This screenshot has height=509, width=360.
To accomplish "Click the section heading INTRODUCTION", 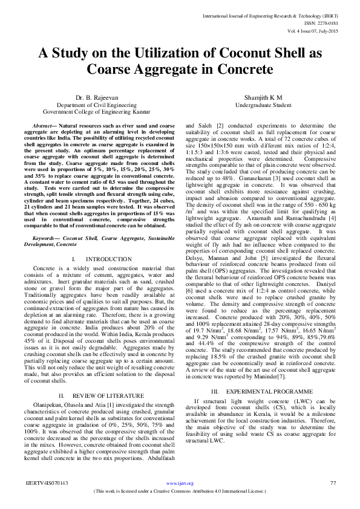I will (99, 276).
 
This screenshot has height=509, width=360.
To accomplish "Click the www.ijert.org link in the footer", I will (180, 483).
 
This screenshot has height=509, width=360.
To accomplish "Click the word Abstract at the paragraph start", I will (42, 123).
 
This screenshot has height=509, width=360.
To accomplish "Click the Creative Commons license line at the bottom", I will (180, 491).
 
